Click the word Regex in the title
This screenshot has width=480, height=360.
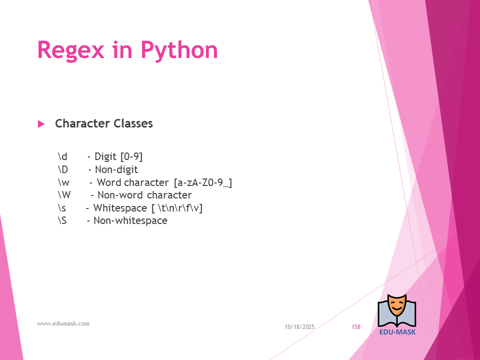click(x=70, y=50)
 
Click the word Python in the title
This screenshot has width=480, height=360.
click(x=179, y=50)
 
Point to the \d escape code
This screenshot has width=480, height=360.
click(x=62, y=156)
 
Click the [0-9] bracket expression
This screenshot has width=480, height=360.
click(x=131, y=156)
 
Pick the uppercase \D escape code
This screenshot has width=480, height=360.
click(x=63, y=169)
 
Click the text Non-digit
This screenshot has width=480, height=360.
click(x=116, y=169)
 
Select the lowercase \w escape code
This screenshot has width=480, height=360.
click(x=63, y=182)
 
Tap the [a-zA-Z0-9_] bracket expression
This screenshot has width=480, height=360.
click(x=203, y=182)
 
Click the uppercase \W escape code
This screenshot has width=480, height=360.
click(x=64, y=195)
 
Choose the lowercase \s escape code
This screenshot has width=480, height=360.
click(x=62, y=208)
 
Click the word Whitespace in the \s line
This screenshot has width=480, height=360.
click(x=120, y=208)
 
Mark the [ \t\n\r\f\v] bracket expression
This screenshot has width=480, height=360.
click(x=177, y=208)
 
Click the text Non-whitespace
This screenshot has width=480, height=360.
click(x=130, y=220)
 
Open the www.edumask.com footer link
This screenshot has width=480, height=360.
click(x=63, y=323)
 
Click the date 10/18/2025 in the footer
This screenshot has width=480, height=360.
click(x=299, y=327)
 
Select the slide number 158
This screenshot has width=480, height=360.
click(x=356, y=327)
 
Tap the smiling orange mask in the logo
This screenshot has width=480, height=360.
click(x=397, y=306)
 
